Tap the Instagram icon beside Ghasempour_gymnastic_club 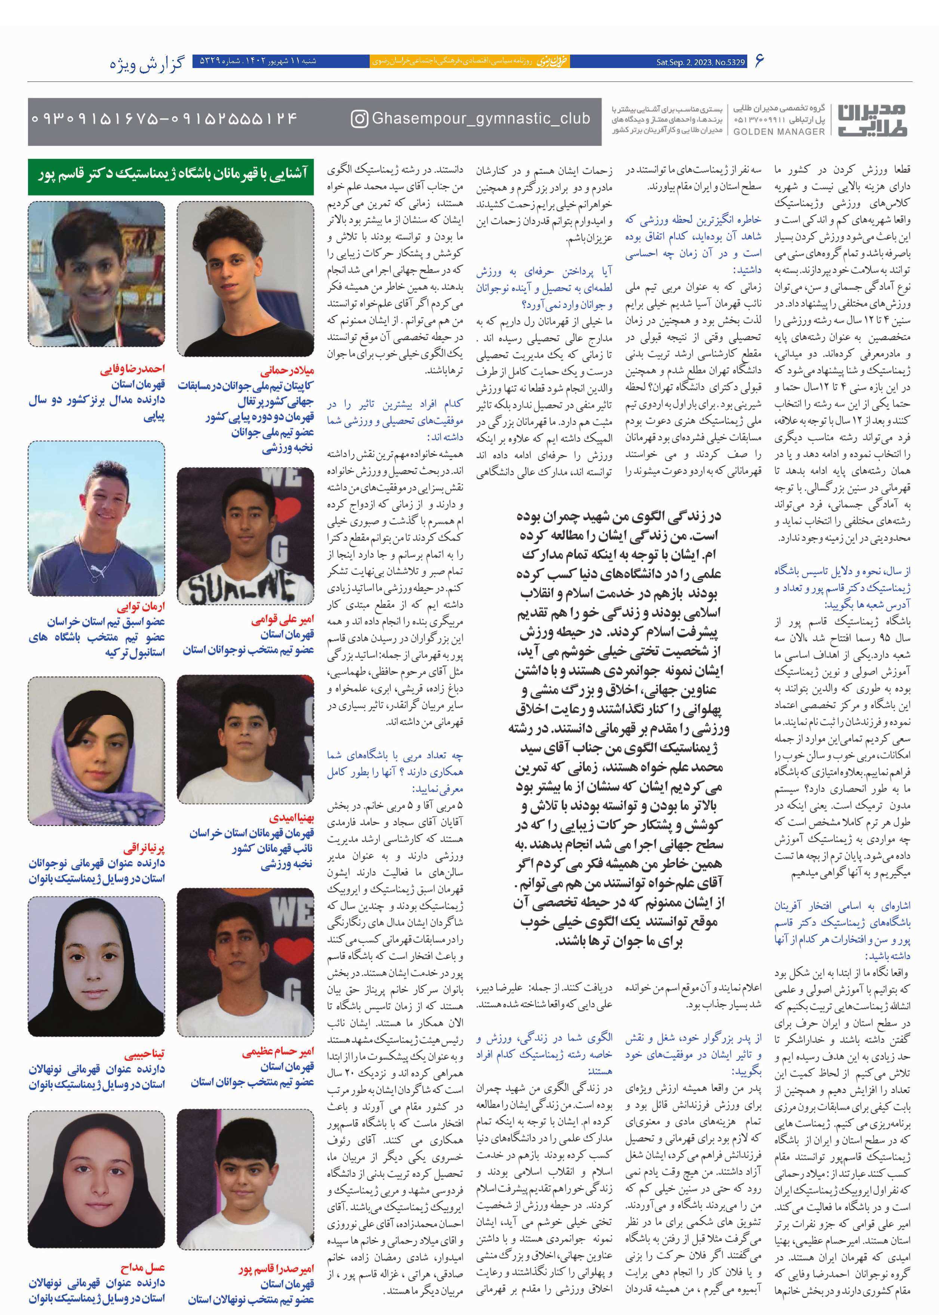coord(359,119)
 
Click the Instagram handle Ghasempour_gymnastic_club coord(480,119)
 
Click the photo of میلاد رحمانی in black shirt coord(245,278)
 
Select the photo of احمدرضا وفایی coord(96,274)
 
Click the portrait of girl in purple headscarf coord(96,750)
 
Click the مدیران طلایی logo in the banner coord(872,120)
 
